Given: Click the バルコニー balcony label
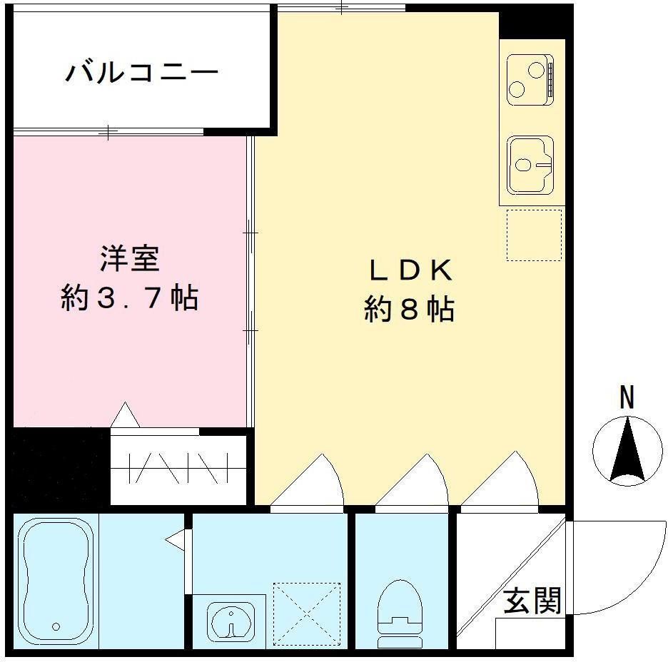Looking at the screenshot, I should tap(141, 73).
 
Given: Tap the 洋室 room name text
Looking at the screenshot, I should tap(129, 259).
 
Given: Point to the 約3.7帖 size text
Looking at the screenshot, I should tap(129, 297).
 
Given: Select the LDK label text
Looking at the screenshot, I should tap(410, 270).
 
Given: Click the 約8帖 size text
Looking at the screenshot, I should tap(410, 310).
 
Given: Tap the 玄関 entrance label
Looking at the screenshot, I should tap(532, 601).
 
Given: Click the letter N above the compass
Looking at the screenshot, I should tap(627, 397).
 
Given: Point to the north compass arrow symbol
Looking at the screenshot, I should tap(627, 451).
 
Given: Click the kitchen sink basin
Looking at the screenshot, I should tap(530, 165).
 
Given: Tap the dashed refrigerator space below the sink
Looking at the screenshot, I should tap(534, 235).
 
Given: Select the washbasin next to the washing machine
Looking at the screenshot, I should tap(231, 618).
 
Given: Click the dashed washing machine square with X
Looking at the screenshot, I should tap(307, 615).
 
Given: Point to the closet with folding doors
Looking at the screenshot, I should tap(178, 468).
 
